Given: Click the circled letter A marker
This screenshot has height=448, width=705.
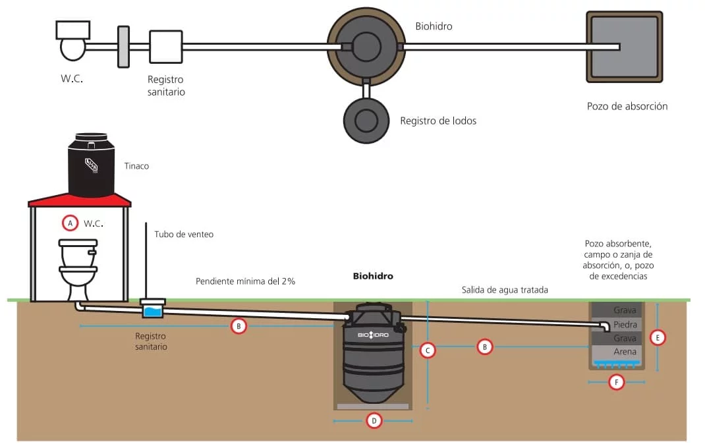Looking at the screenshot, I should pyautogui.click(x=70, y=223).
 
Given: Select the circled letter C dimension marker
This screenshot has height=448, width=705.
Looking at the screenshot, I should pyautogui.click(x=428, y=350).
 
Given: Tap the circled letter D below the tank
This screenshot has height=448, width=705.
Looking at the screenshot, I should pyautogui.click(x=374, y=420).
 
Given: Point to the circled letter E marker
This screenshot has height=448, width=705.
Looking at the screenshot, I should pyautogui.click(x=657, y=337).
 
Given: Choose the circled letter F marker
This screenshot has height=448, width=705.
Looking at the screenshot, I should pyautogui.click(x=616, y=381).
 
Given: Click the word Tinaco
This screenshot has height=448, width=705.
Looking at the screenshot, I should pyautogui.click(x=136, y=166).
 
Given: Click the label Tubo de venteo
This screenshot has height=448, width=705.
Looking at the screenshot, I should pyautogui.click(x=184, y=234).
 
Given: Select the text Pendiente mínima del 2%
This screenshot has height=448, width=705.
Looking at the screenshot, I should pyautogui.click(x=245, y=281).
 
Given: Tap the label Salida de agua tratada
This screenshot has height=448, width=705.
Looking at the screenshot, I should pyautogui.click(x=504, y=290).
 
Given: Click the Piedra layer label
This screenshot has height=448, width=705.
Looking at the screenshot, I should pyautogui.click(x=625, y=325).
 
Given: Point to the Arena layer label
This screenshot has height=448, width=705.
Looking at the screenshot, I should pyautogui.click(x=625, y=352).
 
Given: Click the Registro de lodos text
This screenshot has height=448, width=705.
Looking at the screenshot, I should pyautogui.click(x=438, y=121).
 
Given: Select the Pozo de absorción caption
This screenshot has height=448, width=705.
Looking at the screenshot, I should pyautogui.click(x=627, y=106).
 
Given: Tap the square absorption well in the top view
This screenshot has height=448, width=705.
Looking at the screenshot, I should pyautogui.click(x=624, y=47).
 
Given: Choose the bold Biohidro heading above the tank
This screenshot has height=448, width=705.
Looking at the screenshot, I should pyautogui.click(x=373, y=276).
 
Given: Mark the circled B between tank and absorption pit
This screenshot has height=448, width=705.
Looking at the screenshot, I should pyautogui.click(x=484, y=346).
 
